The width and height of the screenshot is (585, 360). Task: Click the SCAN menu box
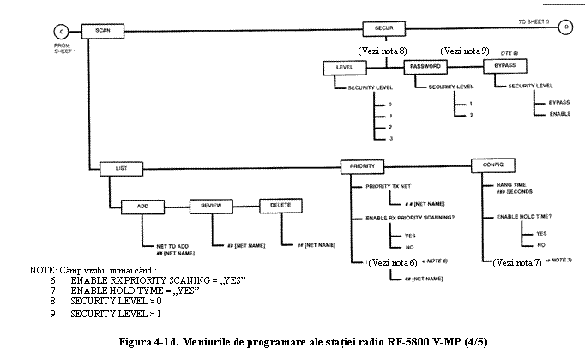105,31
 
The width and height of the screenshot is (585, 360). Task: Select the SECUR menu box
383,27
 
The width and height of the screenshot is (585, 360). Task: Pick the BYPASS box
504,66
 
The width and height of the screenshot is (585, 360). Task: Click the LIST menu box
120,168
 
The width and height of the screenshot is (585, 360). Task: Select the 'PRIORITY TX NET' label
377,186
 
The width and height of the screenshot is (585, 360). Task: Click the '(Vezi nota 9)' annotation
463,51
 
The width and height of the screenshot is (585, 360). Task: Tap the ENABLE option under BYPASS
560,114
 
